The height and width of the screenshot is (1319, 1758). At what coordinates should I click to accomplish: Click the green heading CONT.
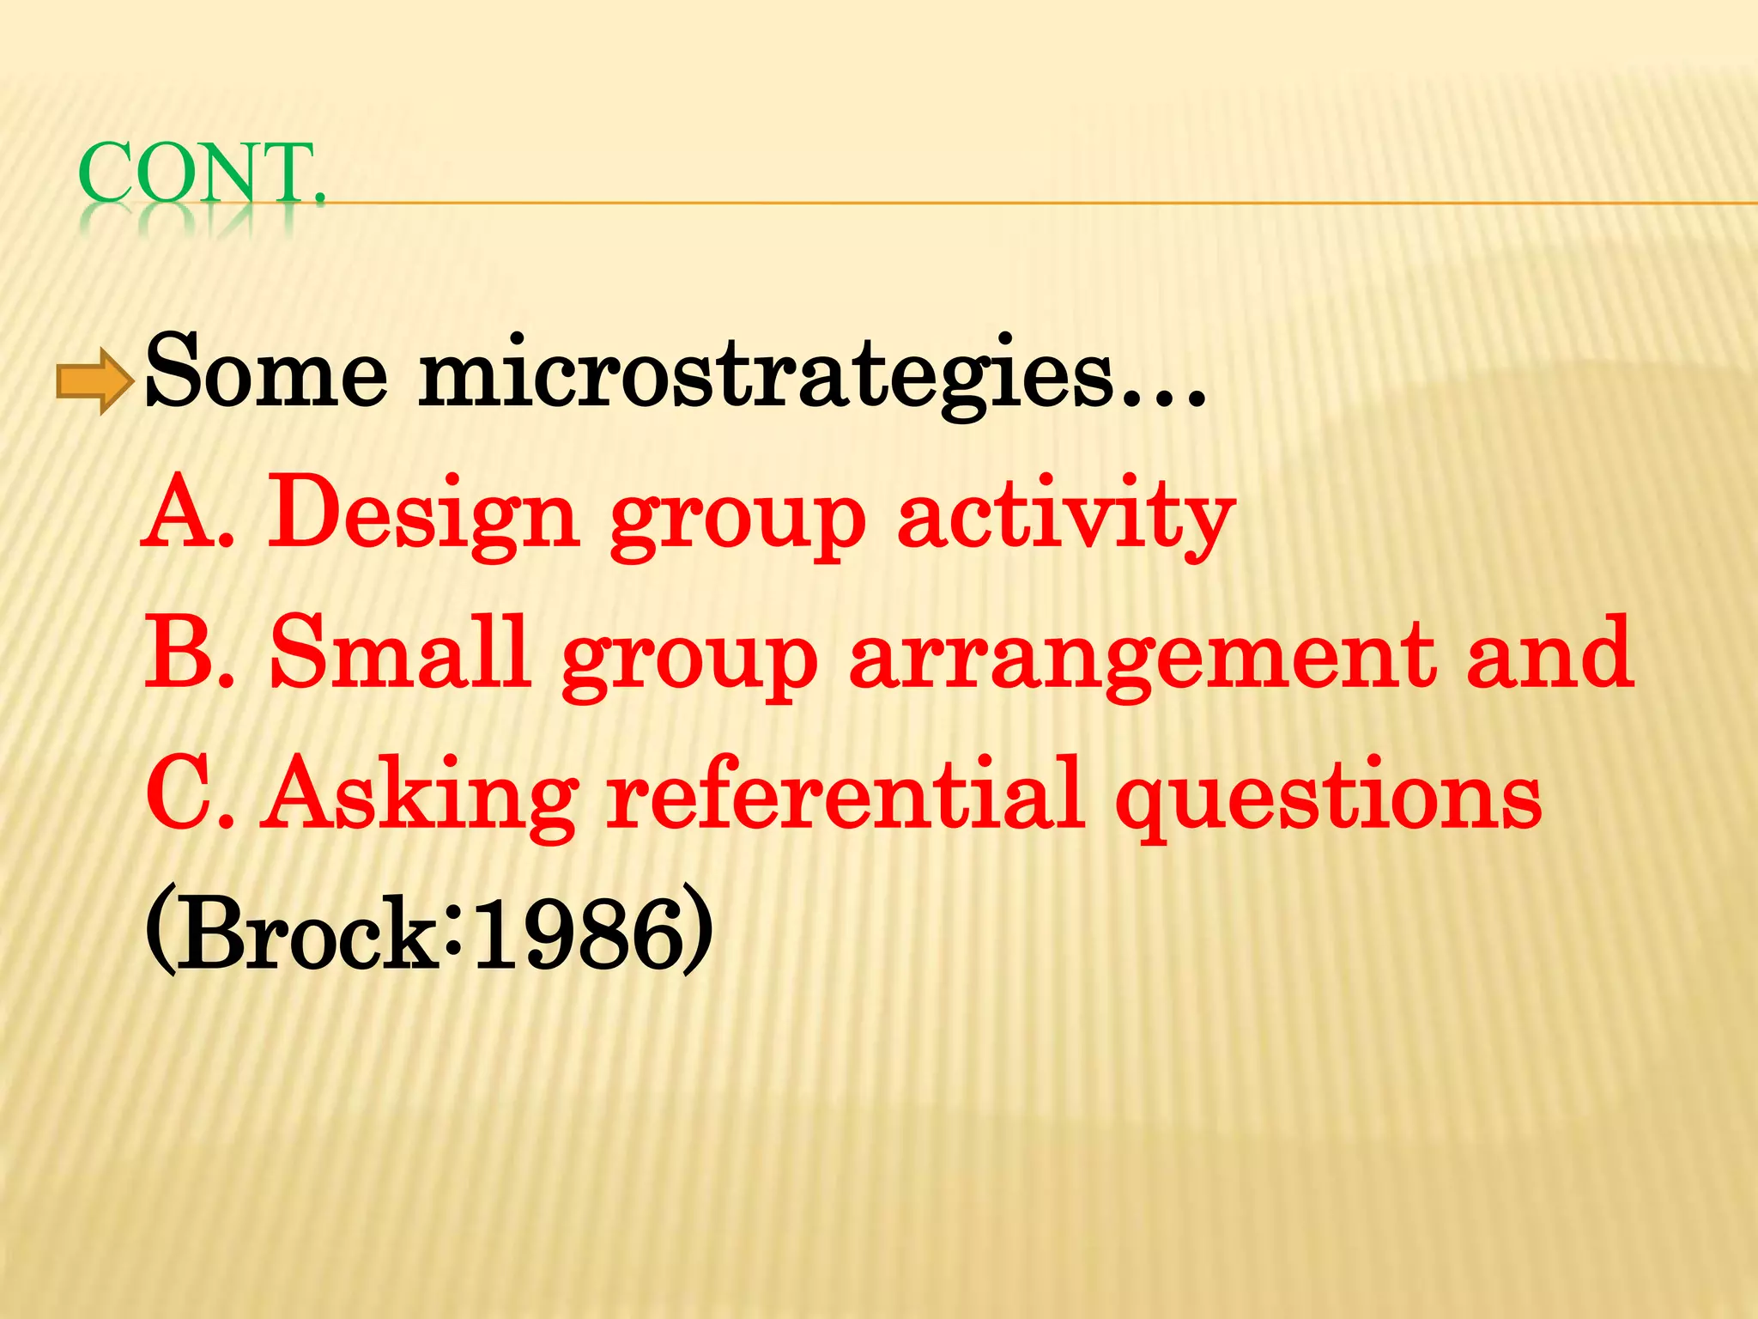point(202,173)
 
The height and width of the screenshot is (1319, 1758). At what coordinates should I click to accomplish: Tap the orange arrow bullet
point(94,380)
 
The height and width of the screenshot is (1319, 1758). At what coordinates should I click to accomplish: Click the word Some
point(267,374)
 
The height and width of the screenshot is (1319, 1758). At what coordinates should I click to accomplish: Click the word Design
point(423,515)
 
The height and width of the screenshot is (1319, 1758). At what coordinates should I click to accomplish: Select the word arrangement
point(1142,657)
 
